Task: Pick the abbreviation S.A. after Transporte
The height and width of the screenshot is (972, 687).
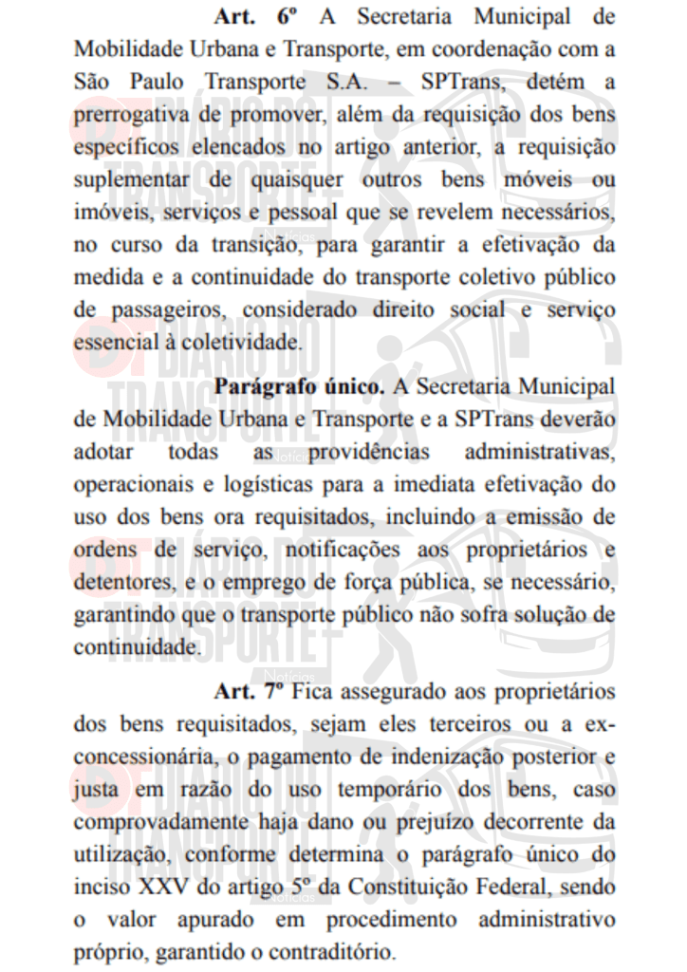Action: tap(343, 82)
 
